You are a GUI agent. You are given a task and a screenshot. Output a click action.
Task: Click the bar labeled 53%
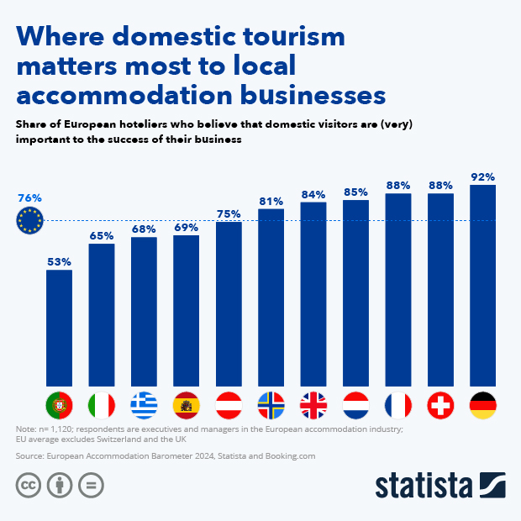point(59,329)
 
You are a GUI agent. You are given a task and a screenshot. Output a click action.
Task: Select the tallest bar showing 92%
point(482,286)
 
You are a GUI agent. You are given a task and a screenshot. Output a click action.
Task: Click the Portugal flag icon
point(59,406)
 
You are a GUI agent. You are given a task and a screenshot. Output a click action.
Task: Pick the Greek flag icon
point(144,406)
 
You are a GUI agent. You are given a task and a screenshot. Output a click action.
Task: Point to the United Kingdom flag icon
point(313,406)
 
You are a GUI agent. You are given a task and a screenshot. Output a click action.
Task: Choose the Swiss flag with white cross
point(440,406)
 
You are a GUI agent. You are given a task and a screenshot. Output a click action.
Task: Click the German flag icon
point(482,406)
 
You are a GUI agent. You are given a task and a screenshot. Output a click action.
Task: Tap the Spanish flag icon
point(186,406)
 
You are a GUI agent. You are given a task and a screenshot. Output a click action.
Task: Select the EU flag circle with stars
point(29,221)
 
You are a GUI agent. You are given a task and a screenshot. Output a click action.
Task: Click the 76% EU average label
point(29,198)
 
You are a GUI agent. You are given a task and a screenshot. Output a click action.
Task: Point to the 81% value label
point(271,201)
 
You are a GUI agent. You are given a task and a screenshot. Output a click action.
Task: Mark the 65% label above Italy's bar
point(101,236)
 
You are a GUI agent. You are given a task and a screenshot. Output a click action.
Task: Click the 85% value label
point(355,192)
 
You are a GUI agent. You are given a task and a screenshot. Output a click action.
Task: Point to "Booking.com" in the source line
point(288,455)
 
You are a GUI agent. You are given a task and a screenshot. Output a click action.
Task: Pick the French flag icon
point(398,406)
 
